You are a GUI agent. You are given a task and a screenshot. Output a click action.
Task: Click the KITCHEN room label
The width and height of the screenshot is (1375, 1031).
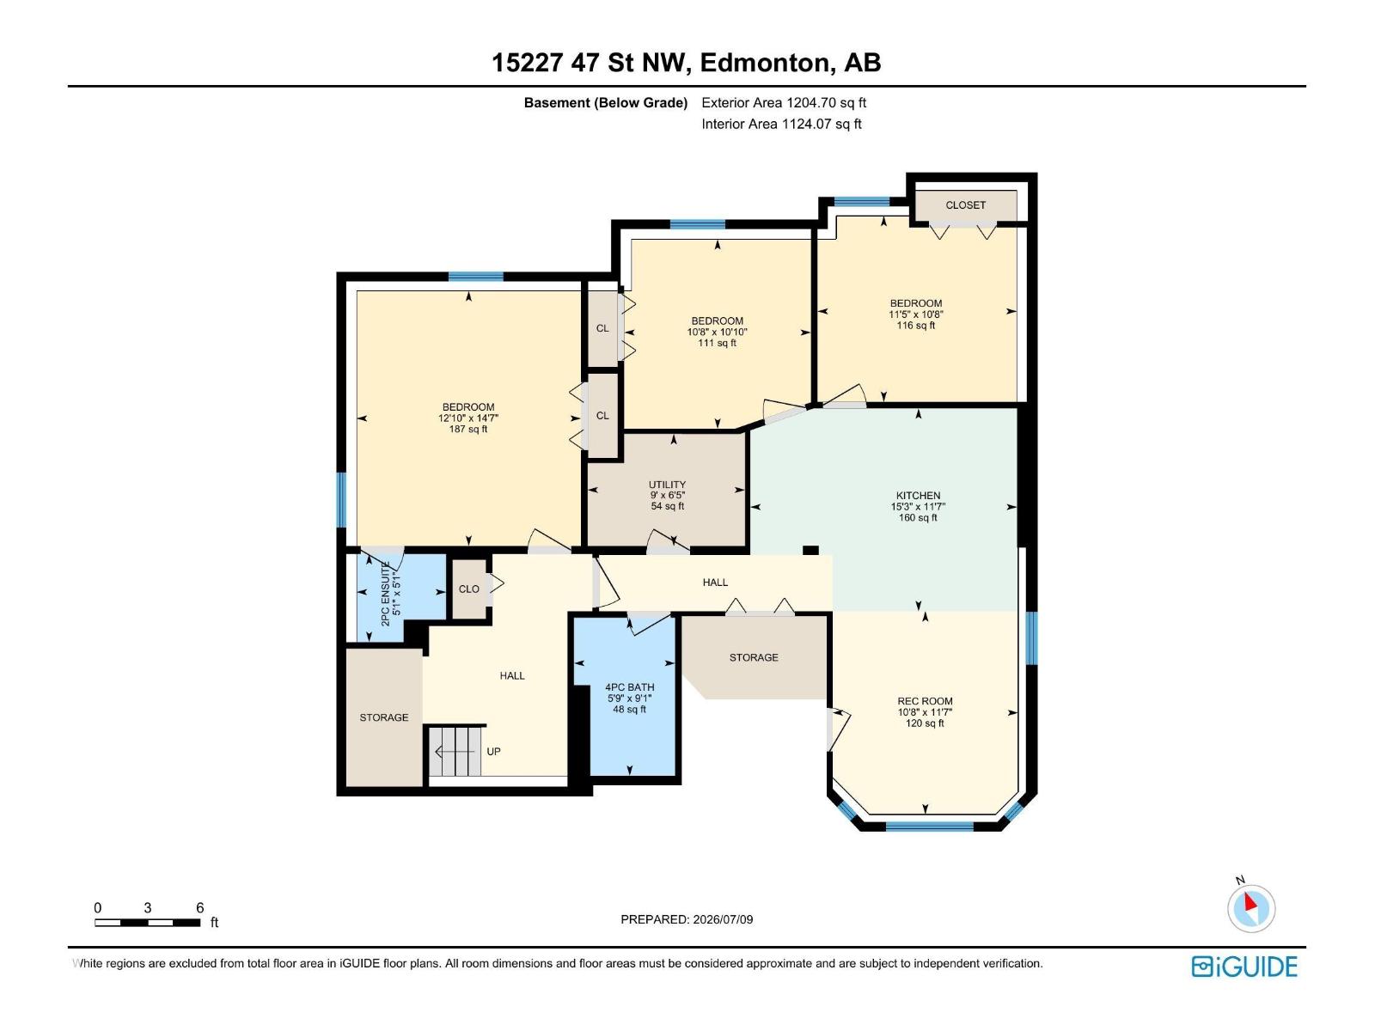pyautogui.click(x=918, y=495)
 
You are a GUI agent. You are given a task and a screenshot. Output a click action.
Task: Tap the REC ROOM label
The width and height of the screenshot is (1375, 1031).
pyautogui.click(x=925, y=701)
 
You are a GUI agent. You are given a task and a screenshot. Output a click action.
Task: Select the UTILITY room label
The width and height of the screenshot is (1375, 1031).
pyautogui.click(x=667, y=485)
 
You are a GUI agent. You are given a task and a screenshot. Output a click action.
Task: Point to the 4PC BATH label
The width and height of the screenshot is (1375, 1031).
pyautogui.click(x=630, y=687)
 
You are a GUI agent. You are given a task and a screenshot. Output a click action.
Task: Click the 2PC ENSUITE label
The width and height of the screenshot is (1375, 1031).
pyautogui.click(x=385, y=594)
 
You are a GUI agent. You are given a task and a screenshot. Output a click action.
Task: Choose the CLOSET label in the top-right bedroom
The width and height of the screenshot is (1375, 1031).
pyautogui.click(x=965, y=205)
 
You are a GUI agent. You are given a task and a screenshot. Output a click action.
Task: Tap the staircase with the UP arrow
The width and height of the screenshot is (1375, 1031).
pyautogui.click(x=455, y=751)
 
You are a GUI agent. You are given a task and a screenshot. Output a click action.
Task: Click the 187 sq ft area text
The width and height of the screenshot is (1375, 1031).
pyautogui.click(x=468, y=430)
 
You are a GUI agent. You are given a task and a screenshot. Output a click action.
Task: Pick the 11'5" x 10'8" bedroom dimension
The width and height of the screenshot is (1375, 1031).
pyautogui.click(x=916, y=314)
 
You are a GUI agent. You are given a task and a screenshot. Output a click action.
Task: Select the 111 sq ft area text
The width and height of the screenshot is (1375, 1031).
pyautogui.click(x=718, y=343)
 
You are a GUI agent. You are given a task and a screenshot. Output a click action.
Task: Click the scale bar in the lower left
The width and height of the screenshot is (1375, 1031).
pyautogui.click(x=148, y=923)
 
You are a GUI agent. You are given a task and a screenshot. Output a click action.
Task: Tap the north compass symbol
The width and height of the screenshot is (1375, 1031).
pyautogui.click(x=1250, y=907)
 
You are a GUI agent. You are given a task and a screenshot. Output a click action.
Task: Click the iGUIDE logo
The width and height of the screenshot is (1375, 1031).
pyautogui.click(x=1244, y=967)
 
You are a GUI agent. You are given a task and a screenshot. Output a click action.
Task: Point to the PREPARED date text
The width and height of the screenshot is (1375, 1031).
pyautogui.click(x=687, y=919)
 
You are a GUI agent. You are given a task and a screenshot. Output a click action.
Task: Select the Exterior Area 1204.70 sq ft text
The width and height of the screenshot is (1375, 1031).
pyautogui.click(x=784, y=102)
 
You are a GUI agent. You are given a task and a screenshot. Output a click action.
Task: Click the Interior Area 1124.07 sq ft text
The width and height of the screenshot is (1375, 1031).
pyautogui.click(x=781, y=124)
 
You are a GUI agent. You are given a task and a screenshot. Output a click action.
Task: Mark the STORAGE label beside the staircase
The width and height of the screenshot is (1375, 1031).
pyautogui.click(x=384, y=717)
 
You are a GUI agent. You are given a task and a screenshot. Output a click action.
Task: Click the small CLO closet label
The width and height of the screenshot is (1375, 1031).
pyautogui.click(x=468, y=589)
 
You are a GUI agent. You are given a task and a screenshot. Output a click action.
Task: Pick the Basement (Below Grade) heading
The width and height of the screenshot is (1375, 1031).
pyautogui.click(x=606, y=102)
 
